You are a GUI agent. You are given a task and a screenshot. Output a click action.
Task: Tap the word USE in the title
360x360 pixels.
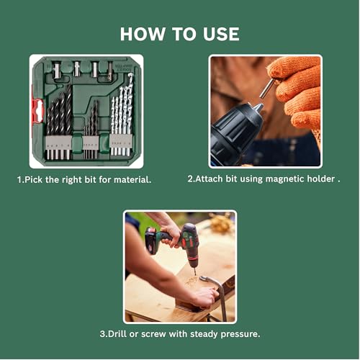(x=218, y=34)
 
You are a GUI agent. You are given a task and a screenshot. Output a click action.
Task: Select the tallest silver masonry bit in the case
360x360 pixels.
(x=130, y=108)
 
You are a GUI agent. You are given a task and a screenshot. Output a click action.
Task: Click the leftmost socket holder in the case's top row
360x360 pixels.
(x=56, y=70)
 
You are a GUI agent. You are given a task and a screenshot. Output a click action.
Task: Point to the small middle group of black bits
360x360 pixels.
(x=91, y=130)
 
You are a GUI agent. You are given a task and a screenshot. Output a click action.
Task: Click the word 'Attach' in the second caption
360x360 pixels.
(x=208, y=179)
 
